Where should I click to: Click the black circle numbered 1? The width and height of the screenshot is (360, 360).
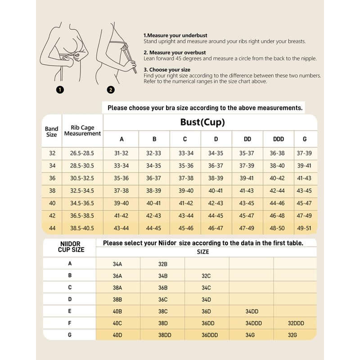coord(60,90)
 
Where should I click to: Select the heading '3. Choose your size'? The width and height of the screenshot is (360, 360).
coord(166,70)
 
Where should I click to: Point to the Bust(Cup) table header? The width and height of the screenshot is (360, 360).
coord(202,122)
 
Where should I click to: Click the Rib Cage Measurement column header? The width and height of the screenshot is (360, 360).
coord(82,130)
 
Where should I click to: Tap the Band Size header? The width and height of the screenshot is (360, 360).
coord(52,131)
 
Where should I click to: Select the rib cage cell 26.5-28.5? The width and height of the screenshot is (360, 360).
coord(82,153)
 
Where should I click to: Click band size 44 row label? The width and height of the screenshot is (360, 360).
coord(52,228)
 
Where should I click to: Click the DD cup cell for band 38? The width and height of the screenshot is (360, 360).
coord(247,191)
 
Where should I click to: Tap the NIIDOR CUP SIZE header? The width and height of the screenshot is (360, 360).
coord(71,247)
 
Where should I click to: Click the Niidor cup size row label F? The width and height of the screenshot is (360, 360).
coord(70,323)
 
